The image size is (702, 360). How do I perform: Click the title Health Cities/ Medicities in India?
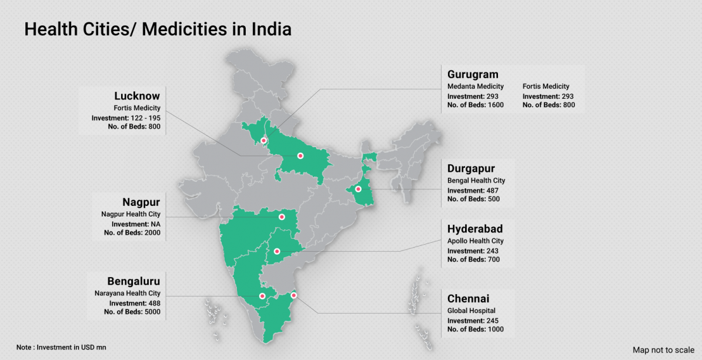[158, 29]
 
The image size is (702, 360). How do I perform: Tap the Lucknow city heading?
[137, 96]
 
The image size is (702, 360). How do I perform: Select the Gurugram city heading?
[473, 74]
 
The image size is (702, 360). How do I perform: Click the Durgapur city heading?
[471, 169]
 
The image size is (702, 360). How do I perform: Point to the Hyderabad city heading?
[475, 229]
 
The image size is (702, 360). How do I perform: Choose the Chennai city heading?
[468, 299]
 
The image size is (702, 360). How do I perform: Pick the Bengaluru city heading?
[133, 281]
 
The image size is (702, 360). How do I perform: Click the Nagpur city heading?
[141, 202]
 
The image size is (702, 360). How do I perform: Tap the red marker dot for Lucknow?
[300, 156]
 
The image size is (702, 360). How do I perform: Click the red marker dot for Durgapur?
[358, 189]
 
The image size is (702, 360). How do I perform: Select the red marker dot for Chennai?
[294, 295]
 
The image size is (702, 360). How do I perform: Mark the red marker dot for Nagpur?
[282, 217]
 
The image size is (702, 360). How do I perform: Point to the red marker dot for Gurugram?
[264, 141]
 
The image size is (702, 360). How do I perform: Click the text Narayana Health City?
[127, 293]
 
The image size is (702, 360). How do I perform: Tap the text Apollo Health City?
[475, 241]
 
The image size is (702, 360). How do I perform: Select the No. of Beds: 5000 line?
[132, 312]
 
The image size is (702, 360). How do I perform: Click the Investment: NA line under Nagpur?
[136, 224]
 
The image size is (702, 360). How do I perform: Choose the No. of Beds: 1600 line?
[475, 105]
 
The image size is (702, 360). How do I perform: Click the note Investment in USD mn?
[62, 347]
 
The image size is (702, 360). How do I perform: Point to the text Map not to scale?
[663, 350]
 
